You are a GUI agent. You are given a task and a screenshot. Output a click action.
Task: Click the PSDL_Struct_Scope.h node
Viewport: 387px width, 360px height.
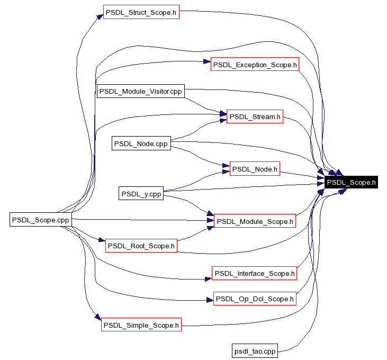pos(141,12)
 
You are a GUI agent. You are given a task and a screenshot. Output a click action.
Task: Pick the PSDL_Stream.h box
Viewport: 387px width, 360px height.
pos(255,116)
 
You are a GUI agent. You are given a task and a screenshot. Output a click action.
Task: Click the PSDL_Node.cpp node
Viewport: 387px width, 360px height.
pos(141,143)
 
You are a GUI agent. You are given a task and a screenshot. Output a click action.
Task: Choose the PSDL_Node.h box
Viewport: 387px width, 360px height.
pos(255,169)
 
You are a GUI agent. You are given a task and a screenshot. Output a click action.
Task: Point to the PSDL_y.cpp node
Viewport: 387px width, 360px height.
pos(141,194)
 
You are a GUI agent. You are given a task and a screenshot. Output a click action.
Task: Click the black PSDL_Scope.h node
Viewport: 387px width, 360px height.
pos(351,183)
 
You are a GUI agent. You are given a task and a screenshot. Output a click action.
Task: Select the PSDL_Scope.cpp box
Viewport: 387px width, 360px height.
pos(41,219)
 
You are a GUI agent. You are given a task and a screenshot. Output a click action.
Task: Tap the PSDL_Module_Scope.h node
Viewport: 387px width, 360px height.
pos(255,221)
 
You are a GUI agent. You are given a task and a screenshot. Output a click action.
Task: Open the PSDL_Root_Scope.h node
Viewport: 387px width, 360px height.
pos(141,246)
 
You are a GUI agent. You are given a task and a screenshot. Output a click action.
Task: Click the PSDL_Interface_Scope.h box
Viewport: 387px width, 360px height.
pos(255,273)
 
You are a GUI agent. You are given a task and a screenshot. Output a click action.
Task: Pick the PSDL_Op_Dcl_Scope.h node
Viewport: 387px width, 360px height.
pos(255,299)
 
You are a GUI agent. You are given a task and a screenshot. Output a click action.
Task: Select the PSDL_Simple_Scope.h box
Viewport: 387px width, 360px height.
pos(141,325)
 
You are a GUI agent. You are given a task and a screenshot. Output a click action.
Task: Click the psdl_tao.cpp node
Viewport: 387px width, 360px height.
pos(255,350)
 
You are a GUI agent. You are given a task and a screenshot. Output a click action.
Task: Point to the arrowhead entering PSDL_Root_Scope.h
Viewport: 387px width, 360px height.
pos(102,242)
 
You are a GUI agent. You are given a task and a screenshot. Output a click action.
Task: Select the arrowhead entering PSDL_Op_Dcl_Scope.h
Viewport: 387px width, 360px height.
pos(209,300)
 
